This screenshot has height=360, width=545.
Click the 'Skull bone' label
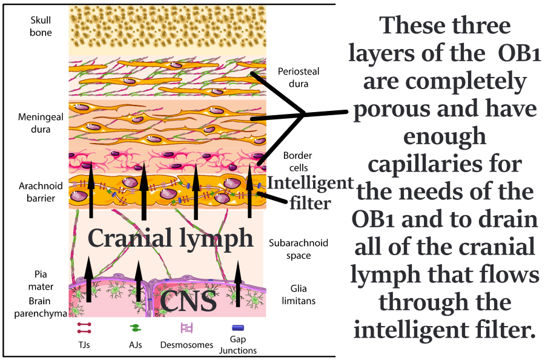coord(41,27)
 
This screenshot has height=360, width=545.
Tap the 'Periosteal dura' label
coord(299,78)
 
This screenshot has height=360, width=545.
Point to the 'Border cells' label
coord(296,161)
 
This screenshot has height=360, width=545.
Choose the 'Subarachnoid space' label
coord(298,249)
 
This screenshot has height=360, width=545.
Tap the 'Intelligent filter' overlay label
coord(309,193)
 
